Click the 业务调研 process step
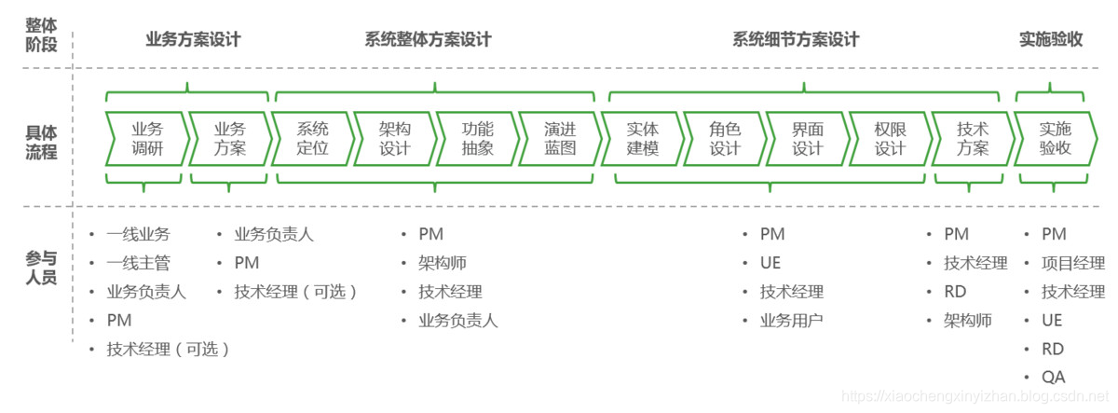[x=147, y=139]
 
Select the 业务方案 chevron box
[x=230, y=139]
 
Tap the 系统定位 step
[x=313, y=139]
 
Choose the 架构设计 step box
[x=395, y=139]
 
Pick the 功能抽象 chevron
[x=478, y=139]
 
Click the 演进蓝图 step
[x=560, y=139]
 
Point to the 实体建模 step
[x=643, y=139]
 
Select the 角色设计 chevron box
[x=725, y=139]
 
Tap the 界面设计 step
[x=808, y=139]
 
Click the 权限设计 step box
[x=890, y=139]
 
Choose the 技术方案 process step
[x=973, y=139]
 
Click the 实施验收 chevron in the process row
[x=1056, y=139]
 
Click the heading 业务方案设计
[x=193, y=40]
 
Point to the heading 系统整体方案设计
[x=428, y=40]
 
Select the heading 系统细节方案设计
[x=796, y=40]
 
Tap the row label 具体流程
[x=42, y=141]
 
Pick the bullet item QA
[x=1054, y=378]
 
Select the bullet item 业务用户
[x=791, y=321]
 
